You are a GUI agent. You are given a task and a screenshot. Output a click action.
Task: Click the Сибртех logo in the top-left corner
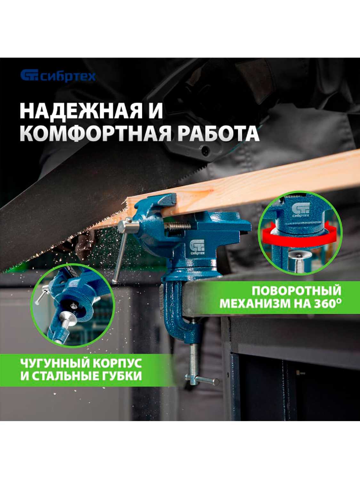point(58,76)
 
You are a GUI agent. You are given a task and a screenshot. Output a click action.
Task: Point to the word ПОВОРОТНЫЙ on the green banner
point(296,291)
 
